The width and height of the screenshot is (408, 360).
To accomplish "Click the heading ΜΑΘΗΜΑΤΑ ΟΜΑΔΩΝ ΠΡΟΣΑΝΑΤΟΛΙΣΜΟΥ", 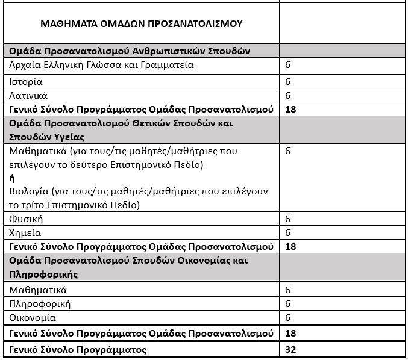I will (x=141, y=24).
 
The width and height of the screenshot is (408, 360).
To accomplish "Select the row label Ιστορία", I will (x=26, y=81).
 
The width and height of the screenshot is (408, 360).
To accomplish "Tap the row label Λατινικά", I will (x=29, y=95).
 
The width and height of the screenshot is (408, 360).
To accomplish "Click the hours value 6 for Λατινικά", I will (x=288, y=95).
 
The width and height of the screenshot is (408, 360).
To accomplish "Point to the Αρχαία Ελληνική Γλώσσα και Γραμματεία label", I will (x=102, y=65).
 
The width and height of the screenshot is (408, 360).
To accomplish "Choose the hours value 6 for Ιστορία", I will (x=288, y=81).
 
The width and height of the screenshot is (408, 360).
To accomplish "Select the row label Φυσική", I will (x=27, y=219).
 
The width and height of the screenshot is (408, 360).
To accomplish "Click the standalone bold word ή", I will (x=12, y=178).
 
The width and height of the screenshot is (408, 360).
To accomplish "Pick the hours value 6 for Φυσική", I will (x=288, y=219).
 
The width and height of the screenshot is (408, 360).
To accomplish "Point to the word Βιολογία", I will (x=28, y=192).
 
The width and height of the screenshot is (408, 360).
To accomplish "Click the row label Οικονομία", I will (x=33, y=318).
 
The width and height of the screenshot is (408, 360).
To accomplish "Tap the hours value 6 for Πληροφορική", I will (x=288, y=304).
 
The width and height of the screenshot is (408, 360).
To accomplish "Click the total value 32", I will (x=290, y=349).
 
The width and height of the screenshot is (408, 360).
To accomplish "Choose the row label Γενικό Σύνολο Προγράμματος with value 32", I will (x=78, y=349).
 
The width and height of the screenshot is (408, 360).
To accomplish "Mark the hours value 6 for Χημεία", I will (x=288, y=233).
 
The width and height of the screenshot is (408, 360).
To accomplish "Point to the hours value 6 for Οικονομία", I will (x=288, y=318).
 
